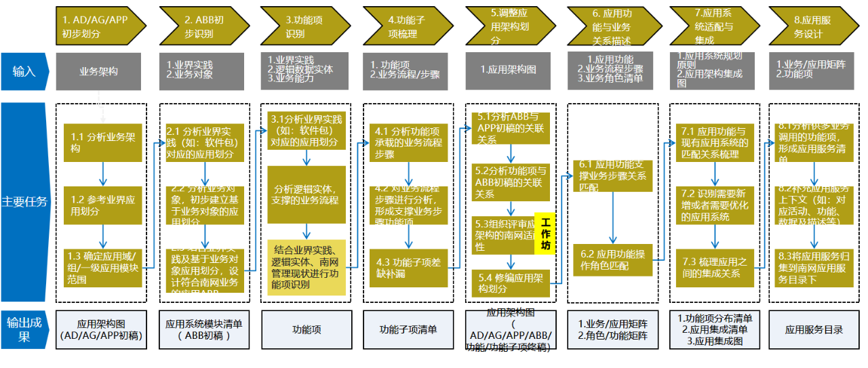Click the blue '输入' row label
pos(24,70)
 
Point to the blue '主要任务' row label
pos(24,201)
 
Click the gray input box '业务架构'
pos(99,70)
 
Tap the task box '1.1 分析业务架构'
pos(103,142)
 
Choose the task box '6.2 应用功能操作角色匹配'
pos(612,260)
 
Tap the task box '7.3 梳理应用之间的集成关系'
pos(715,268)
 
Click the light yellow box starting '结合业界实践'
pos(307,267)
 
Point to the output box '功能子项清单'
pos(408,330)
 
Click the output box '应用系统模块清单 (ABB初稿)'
pos(203,330)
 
